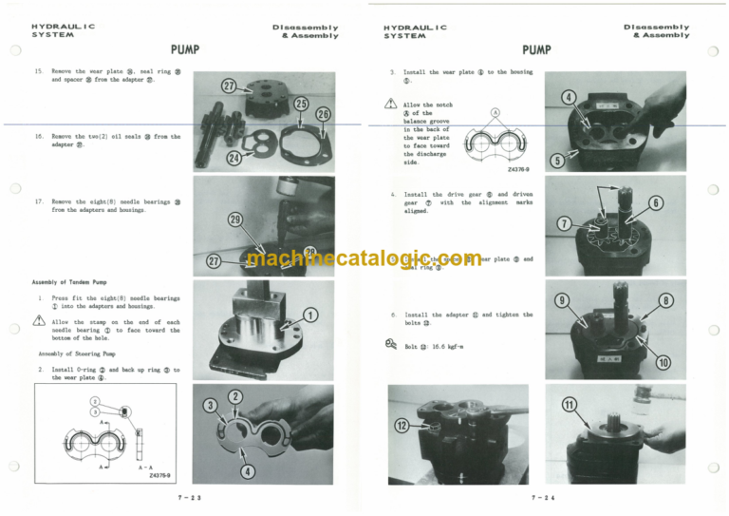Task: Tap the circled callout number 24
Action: pos(234,158)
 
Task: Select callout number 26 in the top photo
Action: pos(324,114)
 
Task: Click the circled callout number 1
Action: pos(310,315)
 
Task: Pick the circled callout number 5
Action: pos(558,162)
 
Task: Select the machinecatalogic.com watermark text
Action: pos(364,258)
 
